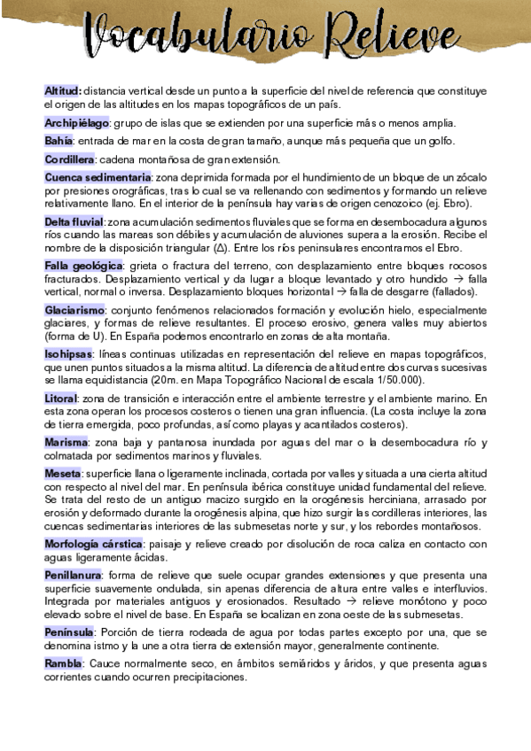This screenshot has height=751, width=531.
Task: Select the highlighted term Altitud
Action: (62, 90)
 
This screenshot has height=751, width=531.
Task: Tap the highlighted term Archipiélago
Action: (77, 122)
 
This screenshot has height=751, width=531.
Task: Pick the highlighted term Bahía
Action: (59, 141)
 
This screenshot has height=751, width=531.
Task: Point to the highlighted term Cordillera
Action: (69, 159)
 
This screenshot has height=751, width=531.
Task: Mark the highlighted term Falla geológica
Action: (83, 266)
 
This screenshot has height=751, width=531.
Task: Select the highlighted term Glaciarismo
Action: (75, 310)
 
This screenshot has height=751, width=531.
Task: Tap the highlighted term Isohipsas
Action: (68, 354)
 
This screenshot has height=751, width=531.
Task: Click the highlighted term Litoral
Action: (61, 399)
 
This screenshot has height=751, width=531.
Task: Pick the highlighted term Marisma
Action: (66, 442)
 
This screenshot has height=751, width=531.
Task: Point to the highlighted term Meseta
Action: (63, 474)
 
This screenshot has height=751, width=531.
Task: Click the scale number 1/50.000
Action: (402, 380)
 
